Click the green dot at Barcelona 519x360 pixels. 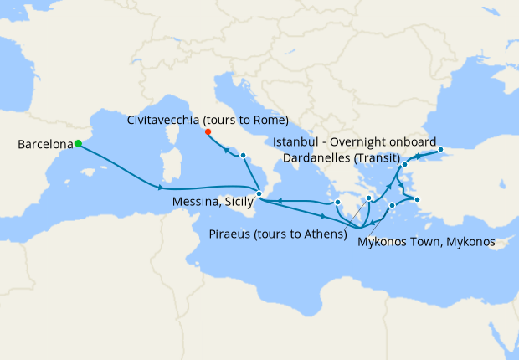tap(78, 143)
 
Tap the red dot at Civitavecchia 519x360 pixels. tap(208, 131)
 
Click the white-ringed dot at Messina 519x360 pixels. tap(259, 194)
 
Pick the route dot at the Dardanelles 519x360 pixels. tap(404, 165)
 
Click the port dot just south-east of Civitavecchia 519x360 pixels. tap(243, 157)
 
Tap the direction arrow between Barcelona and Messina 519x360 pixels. tap(159, 187)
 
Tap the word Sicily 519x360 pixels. tap(238, 203)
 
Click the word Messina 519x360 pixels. tap(194, 203)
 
